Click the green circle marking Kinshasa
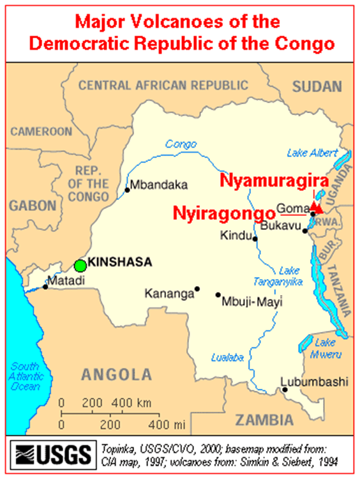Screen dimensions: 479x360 [80, 265]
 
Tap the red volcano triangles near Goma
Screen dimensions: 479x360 [317, 207]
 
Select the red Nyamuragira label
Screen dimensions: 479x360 [274, 181]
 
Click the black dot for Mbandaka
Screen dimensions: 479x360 [127, 190]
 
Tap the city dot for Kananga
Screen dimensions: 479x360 [197, 289]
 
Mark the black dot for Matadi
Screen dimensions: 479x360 [45, 287]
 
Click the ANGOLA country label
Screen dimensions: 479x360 [114, 374]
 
